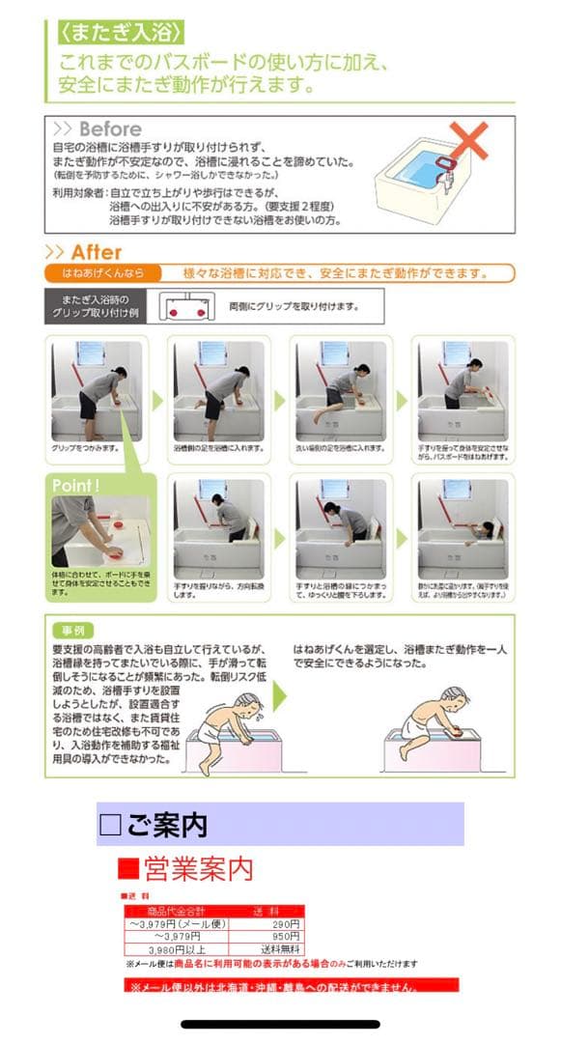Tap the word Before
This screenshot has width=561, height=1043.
(x=109, y=129)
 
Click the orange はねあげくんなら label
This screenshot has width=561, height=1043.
(x=101, y=273)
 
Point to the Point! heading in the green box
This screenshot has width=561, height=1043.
(x=77, y=486)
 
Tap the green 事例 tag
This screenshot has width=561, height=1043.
(x=73, y=628)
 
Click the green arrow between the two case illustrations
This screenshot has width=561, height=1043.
(x=280, y=694)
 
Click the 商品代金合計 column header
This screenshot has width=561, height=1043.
(x=176, y=912)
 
